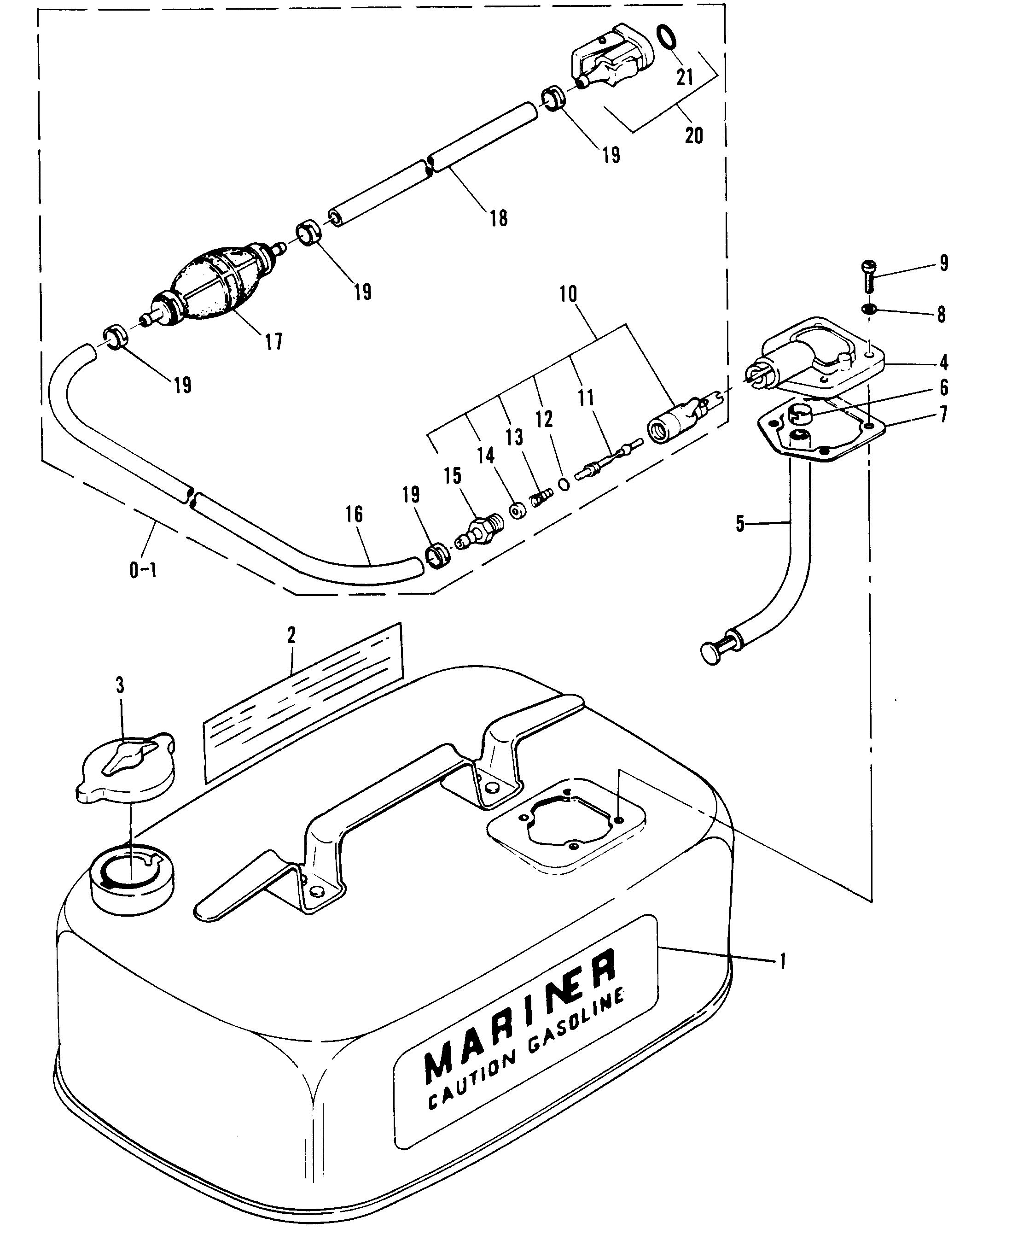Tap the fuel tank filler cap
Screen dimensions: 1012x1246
(x=125, y=767)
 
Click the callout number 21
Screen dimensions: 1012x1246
(x=685, y=76)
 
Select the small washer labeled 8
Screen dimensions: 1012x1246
(x=869, y=308)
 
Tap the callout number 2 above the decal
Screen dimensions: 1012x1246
(x=291, y=634)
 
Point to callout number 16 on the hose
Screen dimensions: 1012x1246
(x=354, y=514)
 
